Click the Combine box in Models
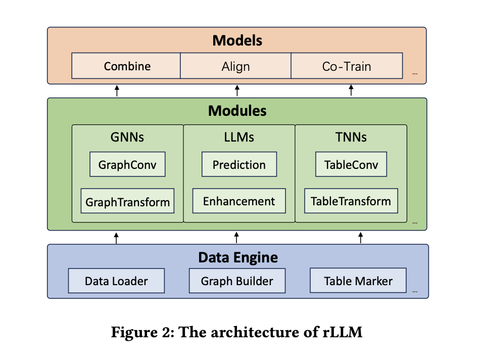click(x=126, y=66)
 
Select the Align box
click(x=235, y=66)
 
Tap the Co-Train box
click(x=346, y=66)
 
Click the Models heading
click(x=237, y=40)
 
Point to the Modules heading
click(x=237, y=111)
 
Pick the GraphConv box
click(x=127, y=165)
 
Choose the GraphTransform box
click(x=127, y=202)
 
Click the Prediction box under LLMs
click(x=239, y=165)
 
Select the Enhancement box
click(x=239, y=201)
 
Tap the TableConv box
click(x=351, y=165)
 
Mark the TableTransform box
click(x=351, y=201)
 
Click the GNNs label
click(x=127, y=137)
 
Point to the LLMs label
click(x=239, y=137)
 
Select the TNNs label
click(x=351, y=137)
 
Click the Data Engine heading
click(x=237, y=257)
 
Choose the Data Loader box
click(x=116, y=281)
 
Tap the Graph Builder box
click(x=237, y=281)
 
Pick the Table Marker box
click(x=358, y=281)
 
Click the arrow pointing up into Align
click(x=237, y=91)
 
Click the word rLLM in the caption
click(x=345, y=333)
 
